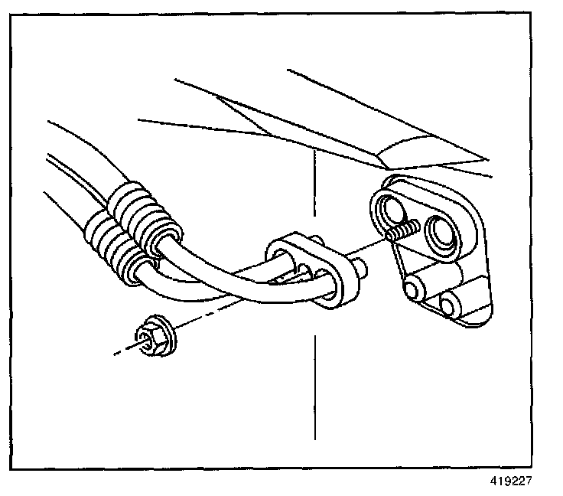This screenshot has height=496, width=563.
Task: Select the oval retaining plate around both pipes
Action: click(x=311, y=271)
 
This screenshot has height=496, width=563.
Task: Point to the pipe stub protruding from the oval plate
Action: click(x=359, y=269)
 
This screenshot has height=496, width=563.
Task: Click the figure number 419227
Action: click(x=510, y=481)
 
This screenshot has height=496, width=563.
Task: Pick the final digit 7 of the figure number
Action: click(x=526, y=481)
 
